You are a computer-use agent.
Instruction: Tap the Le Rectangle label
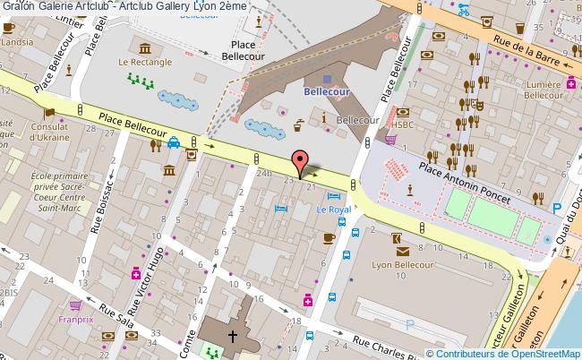pos(144,62)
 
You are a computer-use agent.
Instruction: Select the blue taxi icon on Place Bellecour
pos(174,141)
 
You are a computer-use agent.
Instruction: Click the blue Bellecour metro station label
pos(327,91)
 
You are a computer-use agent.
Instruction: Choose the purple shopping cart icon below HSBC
pos(390,139)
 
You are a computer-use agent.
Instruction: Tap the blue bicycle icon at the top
pos(464,11)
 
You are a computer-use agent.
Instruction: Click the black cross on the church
pos(233,337)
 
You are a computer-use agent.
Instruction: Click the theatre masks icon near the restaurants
pos(479,105)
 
